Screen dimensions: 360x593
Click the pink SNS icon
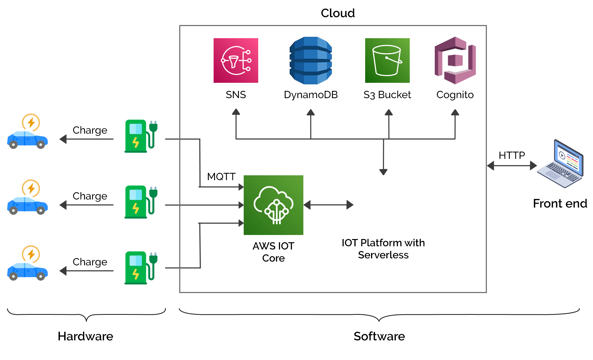click(236, 60)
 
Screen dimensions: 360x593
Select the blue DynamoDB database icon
click(311, 60)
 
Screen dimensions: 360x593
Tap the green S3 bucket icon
click(387, 60)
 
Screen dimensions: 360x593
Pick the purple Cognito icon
click(455, 60)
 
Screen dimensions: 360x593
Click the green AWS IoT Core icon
click(273, 205)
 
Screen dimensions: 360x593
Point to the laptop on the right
click(560, 164)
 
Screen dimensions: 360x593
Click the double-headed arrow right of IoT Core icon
click(328, 205)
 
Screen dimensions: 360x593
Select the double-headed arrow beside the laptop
click(512, 166)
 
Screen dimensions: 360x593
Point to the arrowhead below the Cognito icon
click(455, 112)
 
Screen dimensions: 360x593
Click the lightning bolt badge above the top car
click(31, 123)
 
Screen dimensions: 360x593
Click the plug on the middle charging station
click(153, 193)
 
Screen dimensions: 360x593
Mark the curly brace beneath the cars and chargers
click(86, 315)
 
